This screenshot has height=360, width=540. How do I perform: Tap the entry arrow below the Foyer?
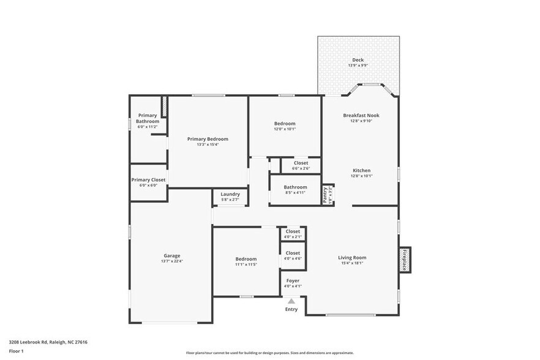coord(291,301)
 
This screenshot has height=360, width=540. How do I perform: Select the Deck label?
coord(358,60)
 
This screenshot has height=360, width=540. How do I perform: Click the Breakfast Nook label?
coord(361,115)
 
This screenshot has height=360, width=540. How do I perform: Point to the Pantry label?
coord(325,195)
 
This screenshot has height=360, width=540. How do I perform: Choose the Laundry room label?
coord(230,194)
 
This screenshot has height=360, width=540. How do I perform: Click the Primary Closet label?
coord(148,180)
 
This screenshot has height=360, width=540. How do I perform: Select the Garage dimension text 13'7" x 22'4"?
coord(171,261)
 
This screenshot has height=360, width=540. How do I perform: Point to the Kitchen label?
coord(361,170)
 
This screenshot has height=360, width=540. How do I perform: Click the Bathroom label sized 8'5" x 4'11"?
coord(295,187)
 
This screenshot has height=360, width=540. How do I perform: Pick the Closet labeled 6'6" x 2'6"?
coord(301,163)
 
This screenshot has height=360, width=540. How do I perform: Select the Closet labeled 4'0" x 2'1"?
coord(293,231)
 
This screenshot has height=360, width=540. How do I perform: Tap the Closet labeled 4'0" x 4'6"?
coord(293,253)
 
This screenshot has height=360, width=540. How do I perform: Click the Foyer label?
coord(293,280)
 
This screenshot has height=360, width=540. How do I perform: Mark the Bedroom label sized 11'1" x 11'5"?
coord(246,259)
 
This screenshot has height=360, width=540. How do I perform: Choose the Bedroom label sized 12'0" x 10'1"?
coord(284,124)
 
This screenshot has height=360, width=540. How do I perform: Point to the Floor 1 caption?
coord(16,351)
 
